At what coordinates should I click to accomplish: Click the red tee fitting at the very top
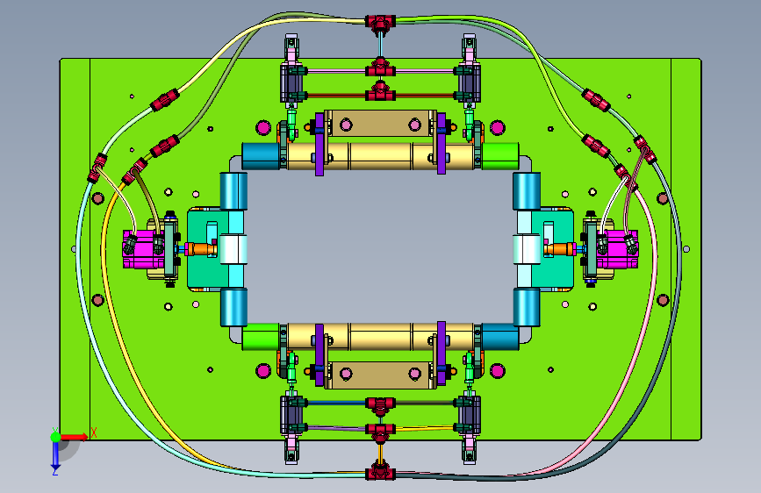click(x=380, y=22)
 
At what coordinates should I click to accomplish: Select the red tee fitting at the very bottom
click(x=380, y=472)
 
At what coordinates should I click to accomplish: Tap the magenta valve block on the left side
click(x=140, y=249)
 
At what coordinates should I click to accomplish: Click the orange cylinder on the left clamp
click(x=201, y=249)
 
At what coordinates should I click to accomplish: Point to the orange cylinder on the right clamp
click(x=560, y=249)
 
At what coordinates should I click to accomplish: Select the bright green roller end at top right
click(x=500, y=156)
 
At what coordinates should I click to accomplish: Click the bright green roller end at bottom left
click(x=261, y=337)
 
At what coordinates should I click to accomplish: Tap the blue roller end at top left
click(x=261, y=156)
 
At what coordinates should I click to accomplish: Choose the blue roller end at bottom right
click(x=500, y=337)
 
